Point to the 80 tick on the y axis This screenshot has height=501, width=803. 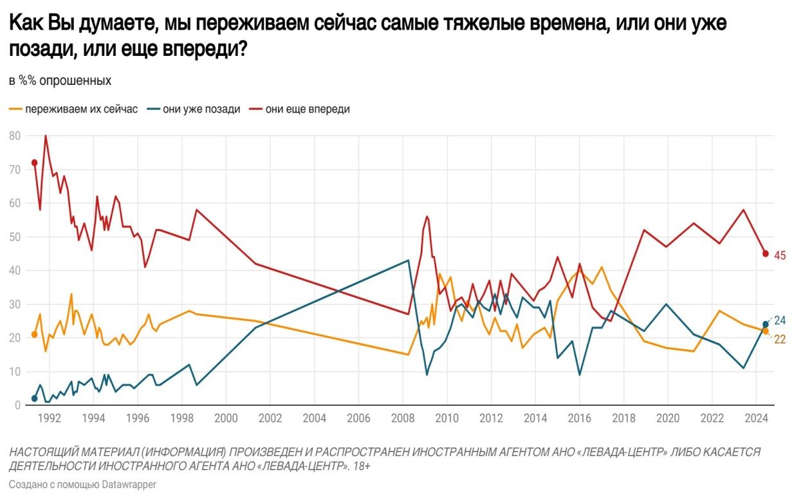click(15, 136)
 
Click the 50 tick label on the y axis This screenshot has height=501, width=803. click(15, 237)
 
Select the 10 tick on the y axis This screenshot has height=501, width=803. click(15, 372)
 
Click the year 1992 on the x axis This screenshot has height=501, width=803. click(50, 418)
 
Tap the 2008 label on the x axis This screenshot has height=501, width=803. click(402, 418)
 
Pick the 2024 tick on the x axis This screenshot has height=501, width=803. click(755, 418)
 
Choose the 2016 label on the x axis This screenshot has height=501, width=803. click(579, 418)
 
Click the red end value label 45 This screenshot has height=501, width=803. click(780, 255)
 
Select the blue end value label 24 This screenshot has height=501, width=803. click(780, 320)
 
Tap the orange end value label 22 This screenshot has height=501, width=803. click(780, 339)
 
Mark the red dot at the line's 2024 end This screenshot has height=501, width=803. click(766, 253)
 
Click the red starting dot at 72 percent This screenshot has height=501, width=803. click(34, 163)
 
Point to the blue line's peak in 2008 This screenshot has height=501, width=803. click(409, 260)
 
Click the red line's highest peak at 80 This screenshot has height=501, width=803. click(45, 136)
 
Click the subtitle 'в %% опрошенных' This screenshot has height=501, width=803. click(60, 81)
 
